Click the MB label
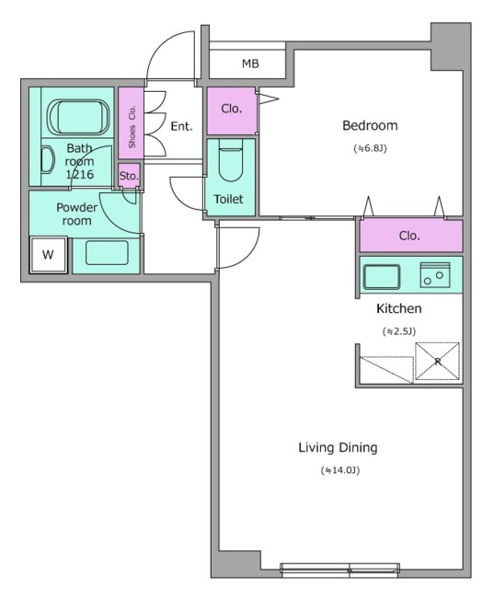click(250, 64)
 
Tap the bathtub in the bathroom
click(78, 117)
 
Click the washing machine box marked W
click(48, 255)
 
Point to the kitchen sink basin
click(382, 277)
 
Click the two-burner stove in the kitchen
click(435, 275)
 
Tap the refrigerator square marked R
click(437, 362)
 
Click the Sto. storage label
click(129, 176)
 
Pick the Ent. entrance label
click(181, 126)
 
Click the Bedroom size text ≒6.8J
click(370, 148)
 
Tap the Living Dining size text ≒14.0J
click(340, 470)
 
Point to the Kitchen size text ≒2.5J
click(399, 331)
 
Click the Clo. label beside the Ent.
click(231, 109)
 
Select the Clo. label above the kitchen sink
click(409, 236)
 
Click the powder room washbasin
click(107, 253)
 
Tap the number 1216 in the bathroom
click(80, 174)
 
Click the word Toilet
click(228, 199)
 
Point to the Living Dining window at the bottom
click(340, 570)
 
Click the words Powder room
click(77, 214)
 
